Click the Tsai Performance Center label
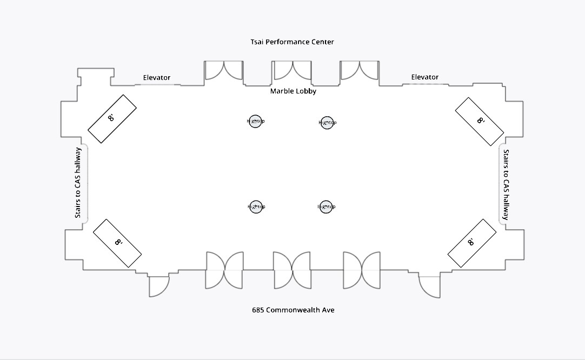[292, 42]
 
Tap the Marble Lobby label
[293, 91]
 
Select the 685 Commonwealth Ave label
[293, 310]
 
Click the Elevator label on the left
[156, 78]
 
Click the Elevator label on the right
[424, 77]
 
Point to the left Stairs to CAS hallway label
[78, 183]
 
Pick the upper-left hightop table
[256, 121]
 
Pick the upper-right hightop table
[327, 123]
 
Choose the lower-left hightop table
[256, 206]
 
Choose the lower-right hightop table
[326, 206]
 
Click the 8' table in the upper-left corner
[112, 118]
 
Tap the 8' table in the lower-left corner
[117, 243]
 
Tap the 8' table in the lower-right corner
[472, 243]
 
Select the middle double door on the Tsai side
[292, 71]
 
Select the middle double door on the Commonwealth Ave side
[292, 270]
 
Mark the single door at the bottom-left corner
[159, 286]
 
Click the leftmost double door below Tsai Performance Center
[224, 71]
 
